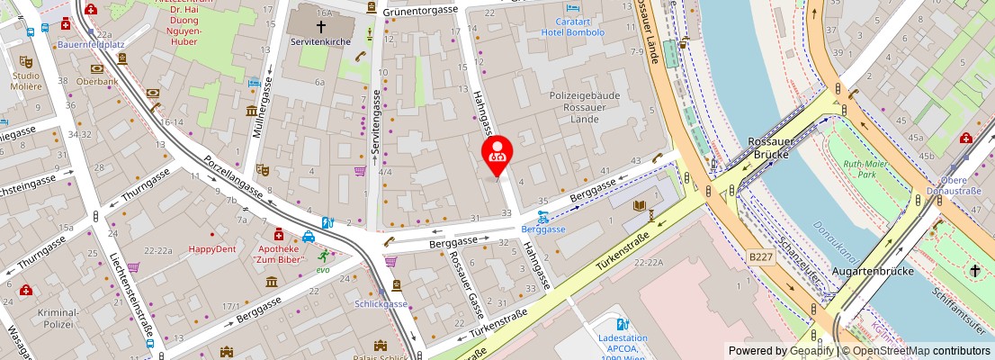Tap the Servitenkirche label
coord(310,41)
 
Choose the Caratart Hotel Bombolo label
coord(573,26)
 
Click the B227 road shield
coord(760,256)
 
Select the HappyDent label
coord(212,249)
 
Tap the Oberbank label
coord(97,81)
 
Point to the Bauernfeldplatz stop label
coord(91,42)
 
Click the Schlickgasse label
coord(381,303)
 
